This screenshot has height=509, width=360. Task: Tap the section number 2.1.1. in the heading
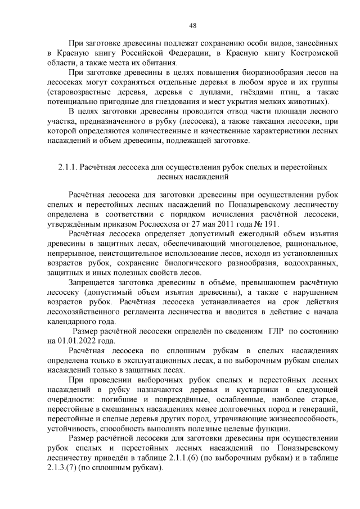tap(67, 167)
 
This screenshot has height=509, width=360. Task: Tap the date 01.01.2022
tap(80, 340)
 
